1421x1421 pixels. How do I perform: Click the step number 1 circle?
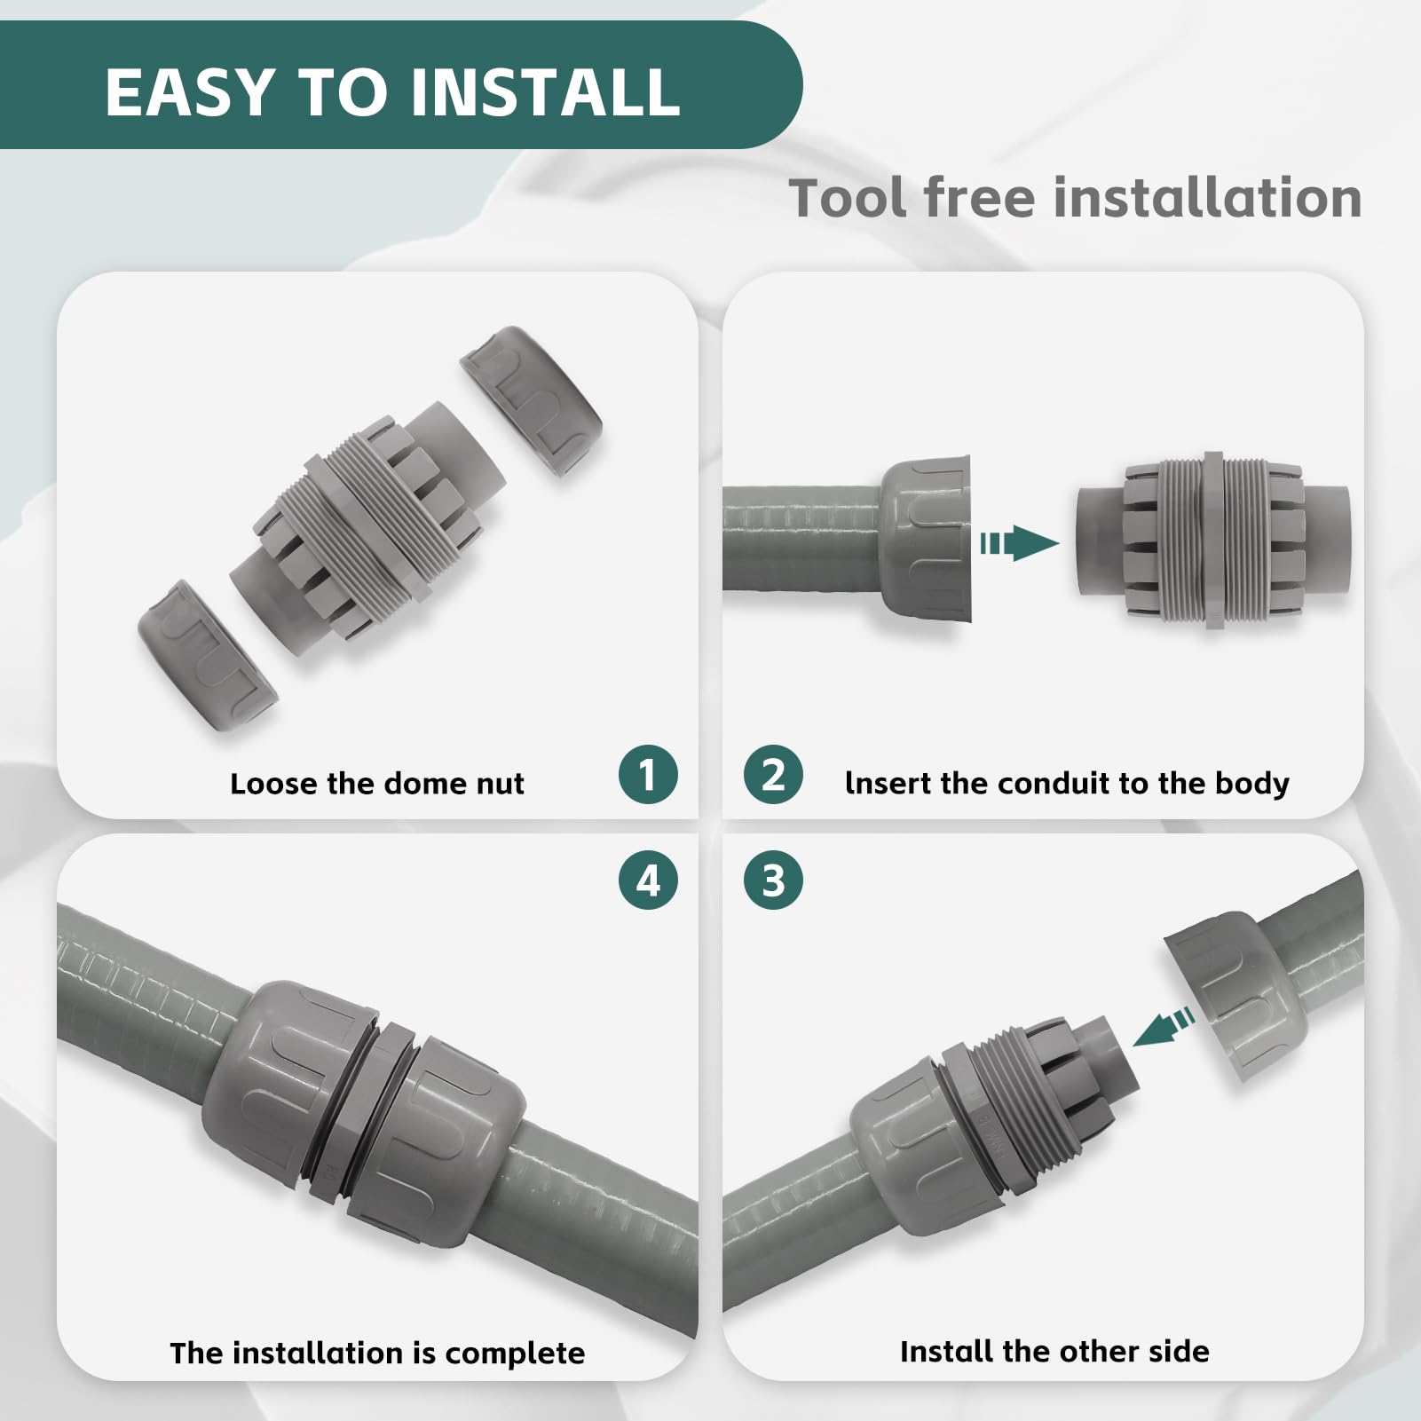[x=648, y=775]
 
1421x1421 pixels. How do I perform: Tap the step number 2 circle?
[x=773, y=775]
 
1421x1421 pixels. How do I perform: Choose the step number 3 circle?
[x=773, y=880]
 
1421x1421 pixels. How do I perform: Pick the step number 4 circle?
[x=648, y=880]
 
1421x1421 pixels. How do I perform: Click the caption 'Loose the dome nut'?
[x=376, y=784]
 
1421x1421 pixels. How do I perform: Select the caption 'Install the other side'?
[x=1054, y=1351]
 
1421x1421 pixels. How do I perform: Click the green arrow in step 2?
[x=1020, y=543]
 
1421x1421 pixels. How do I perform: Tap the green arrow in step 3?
[x=1164, y=1028]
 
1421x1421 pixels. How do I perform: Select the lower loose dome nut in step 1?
[x=208, y=655]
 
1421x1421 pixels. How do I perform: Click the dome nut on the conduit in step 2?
[x=926, y=541]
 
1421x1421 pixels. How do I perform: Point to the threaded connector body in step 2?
[x=1212, y=541]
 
